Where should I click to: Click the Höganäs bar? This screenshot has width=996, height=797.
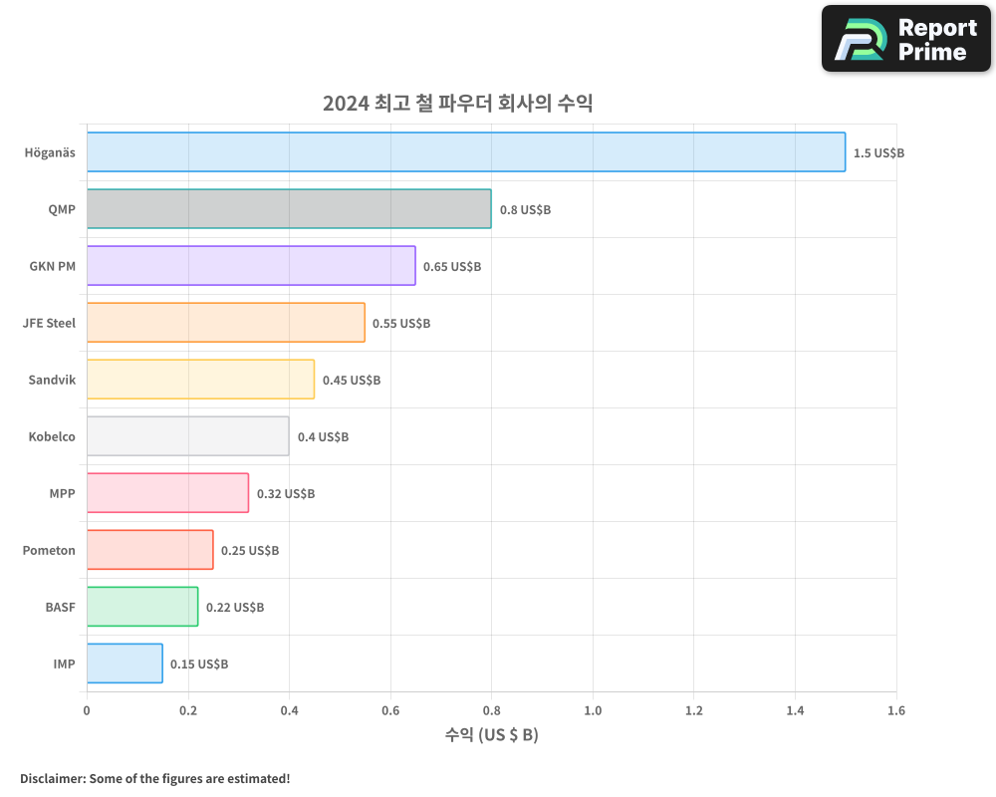466,152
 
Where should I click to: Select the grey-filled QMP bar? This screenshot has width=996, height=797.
289,209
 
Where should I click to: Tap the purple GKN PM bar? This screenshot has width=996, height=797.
251,266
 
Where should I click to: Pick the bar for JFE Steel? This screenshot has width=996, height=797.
226,323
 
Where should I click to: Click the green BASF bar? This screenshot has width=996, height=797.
142,607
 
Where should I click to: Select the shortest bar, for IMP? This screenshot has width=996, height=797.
124,664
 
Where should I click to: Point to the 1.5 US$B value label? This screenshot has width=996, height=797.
878,153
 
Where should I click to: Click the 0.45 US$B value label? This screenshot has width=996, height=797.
352,381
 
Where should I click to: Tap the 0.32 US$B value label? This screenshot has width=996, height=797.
286,494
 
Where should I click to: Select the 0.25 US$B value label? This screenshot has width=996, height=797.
250,551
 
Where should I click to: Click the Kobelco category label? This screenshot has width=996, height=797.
50,437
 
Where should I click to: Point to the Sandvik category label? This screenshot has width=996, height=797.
52,381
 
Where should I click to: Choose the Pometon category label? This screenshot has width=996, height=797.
49,551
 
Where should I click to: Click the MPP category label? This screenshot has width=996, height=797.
62,494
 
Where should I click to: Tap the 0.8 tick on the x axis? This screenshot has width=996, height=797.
491,711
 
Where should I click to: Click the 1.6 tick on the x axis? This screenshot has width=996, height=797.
895,711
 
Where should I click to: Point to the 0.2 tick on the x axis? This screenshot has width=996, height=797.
188,711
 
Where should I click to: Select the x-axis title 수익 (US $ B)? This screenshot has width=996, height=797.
491,735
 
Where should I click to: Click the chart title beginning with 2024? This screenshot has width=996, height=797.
457,104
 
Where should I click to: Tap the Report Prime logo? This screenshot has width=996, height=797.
906,39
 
